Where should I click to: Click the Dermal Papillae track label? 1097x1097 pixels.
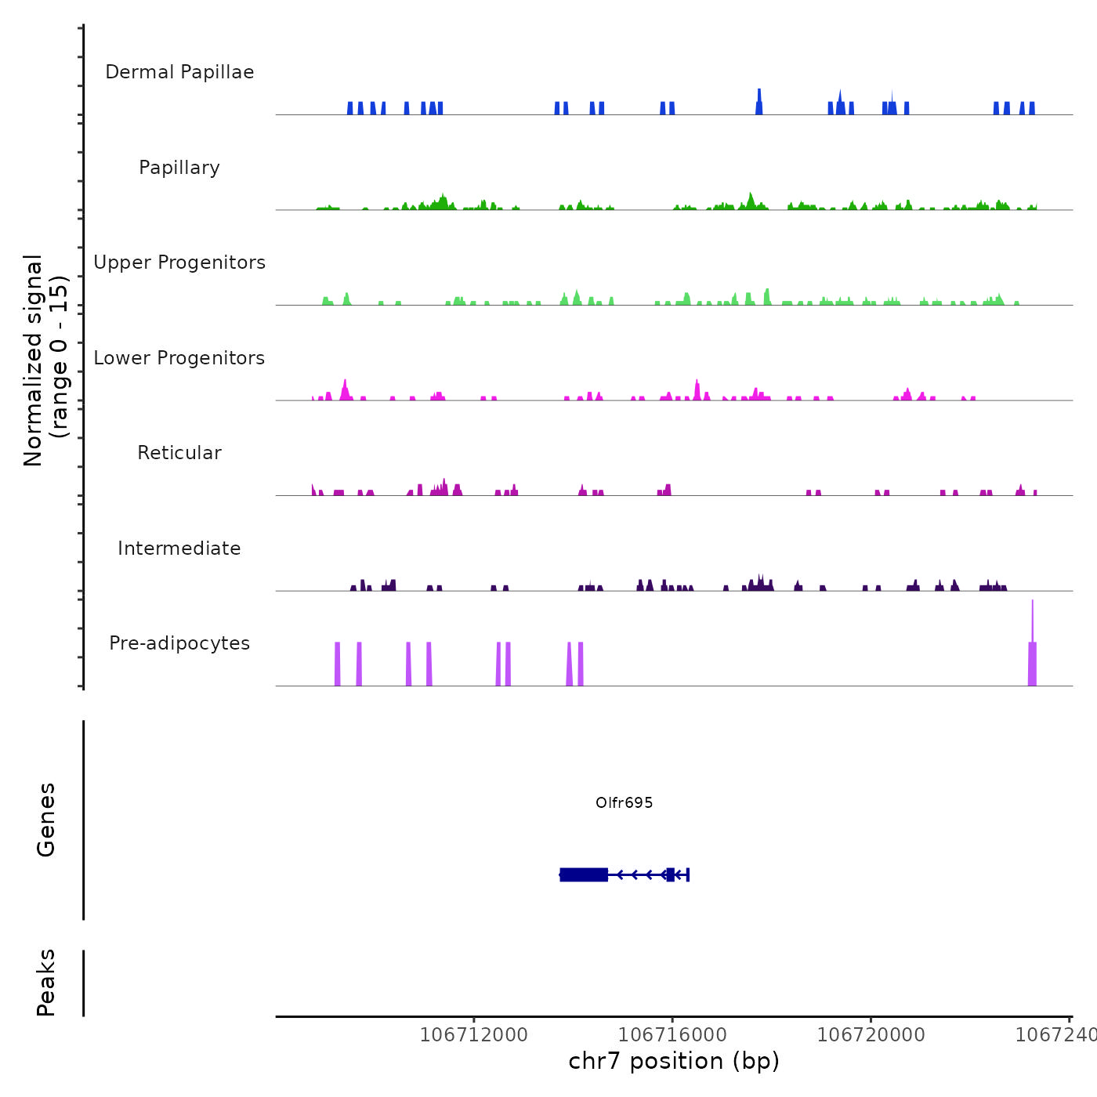click(x=179, y=72)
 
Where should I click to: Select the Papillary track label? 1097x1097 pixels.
click(x=179, y=168)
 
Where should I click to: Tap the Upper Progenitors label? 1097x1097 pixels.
click(x=179, y=262)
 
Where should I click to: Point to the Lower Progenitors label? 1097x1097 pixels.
click(x=179, y=358)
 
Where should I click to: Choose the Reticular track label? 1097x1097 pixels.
click(x=179, y=453)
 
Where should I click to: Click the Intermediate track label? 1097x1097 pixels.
click(x=179, y=548)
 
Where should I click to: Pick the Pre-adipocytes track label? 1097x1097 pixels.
click(x=179, y=643)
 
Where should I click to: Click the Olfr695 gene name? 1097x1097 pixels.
click(x=624, y=802)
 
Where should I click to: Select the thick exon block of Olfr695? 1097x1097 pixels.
click(x=584, y=874)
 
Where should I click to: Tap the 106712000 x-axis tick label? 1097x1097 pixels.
click(x=473, y=1035)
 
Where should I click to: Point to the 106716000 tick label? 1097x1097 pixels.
click(x=672, y=1035)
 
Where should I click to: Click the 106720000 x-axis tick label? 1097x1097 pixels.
click(x=871, y=1035)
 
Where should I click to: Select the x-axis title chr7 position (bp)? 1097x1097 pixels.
click(x=674, y=1061)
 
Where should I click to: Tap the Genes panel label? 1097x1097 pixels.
click(x=46, y=820)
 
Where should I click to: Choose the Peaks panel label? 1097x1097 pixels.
click(x=46, y=983)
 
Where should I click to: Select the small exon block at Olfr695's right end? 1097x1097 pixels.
click(x=670, y=874)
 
